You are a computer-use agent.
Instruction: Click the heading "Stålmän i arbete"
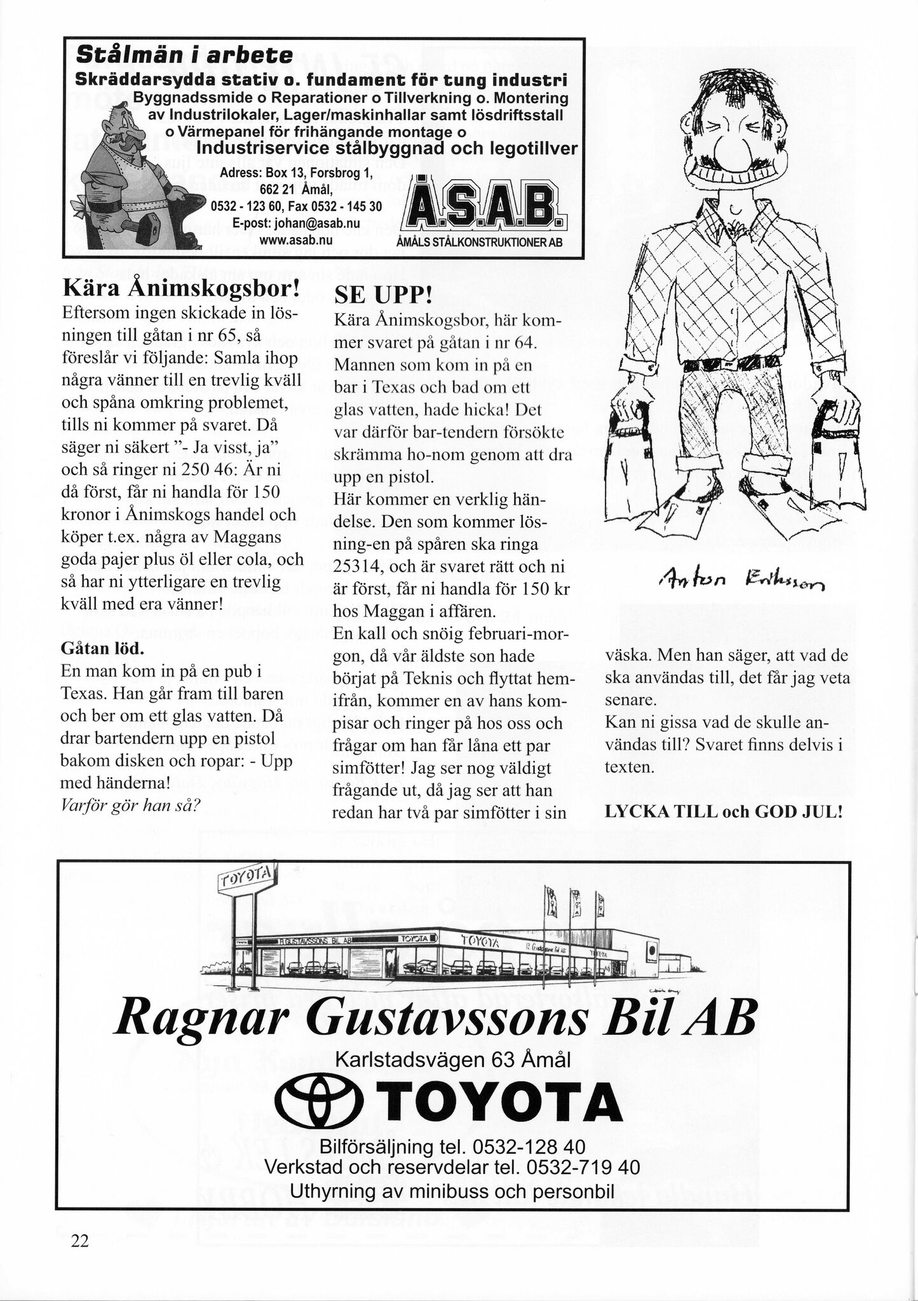(x=184, y=55)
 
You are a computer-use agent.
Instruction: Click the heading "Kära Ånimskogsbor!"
(x=180, y=290)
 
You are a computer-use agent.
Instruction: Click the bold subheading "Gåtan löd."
(x=102, y=649)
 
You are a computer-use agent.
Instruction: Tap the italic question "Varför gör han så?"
(x=131, y=806)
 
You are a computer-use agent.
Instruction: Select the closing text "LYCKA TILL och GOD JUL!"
(x=724, y=812)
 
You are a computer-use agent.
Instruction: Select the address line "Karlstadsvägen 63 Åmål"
(x=452, y=1060)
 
